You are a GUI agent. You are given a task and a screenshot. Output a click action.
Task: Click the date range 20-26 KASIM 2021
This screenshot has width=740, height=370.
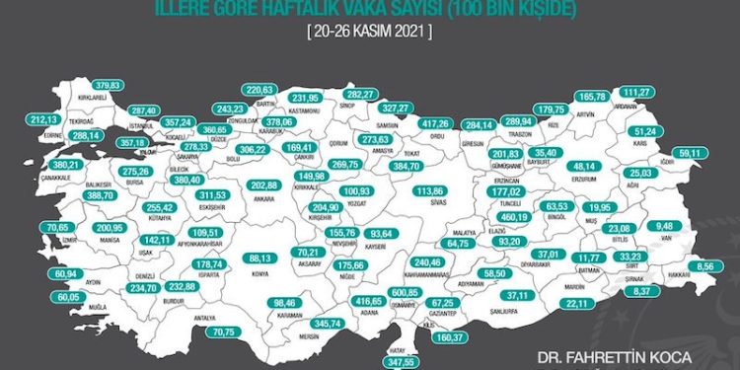(x=371, y=30)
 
